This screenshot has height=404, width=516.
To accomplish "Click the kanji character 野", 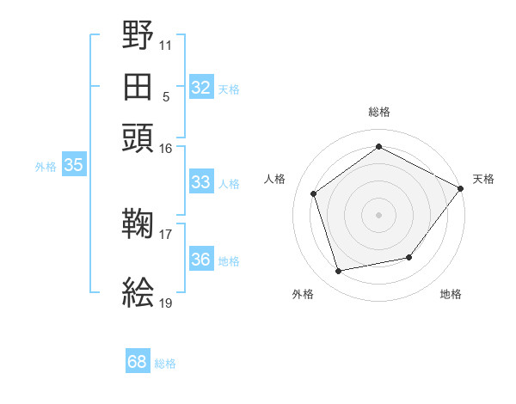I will click(x=138, y=37).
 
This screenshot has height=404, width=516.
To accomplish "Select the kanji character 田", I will click(x=138, y=86).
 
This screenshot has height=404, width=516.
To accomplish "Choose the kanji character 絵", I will click(x=138, y=293).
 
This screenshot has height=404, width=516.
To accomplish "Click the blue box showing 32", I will click(x=201, y=88).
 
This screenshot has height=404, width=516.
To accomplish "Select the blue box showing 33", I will click(x=201, y=182).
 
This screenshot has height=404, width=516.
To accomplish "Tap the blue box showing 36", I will click(x=201, y=260).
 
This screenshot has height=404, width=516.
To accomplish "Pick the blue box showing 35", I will click(x=74, y=166).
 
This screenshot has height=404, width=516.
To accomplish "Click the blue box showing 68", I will click(x=138, y=363).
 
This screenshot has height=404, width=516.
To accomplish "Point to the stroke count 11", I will click(x=166, y=44).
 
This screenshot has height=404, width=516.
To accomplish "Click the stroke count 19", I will click(x=166, y=303).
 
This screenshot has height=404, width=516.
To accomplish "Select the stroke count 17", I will click(x=166, y=234).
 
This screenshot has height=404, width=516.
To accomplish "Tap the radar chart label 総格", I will click(x=379, y=112).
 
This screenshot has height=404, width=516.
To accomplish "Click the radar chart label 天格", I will click(x=483, y=179).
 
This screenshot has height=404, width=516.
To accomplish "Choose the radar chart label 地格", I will click(x=451, y=295).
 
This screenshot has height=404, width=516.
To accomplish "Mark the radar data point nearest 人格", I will click(x=314, y=193).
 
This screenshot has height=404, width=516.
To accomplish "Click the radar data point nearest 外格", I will click(x=339, y=272).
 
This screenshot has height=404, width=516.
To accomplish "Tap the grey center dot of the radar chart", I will click(x=379, y=214).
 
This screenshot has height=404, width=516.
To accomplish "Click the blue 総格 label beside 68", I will click(x=165, y=364).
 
